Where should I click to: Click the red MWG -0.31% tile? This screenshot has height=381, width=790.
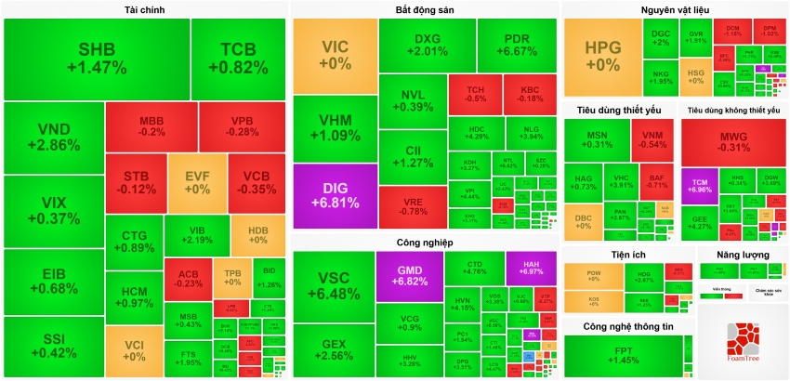pyautogui.click(x=733, y=141)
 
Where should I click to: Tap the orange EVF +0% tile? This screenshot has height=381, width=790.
pyautogui.click(x=197, y=182)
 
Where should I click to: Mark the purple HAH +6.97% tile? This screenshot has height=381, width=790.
pyautogui.click(x=531, y=268)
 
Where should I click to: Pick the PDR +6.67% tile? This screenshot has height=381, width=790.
pyautogui.click(x=517, y=45)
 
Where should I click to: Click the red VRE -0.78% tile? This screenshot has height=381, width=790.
pyautogui.click(x=412, y=206)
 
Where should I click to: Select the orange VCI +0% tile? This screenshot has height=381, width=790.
pyautogui.click(x=134, y=350)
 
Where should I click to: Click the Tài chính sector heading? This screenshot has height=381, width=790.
pyautogui.click(x=145, y=9)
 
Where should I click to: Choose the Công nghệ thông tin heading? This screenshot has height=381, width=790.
pyautogui.click(x=627, y=326)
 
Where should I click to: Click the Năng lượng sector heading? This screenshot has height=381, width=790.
pyautogui.click(x=742, y=254)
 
